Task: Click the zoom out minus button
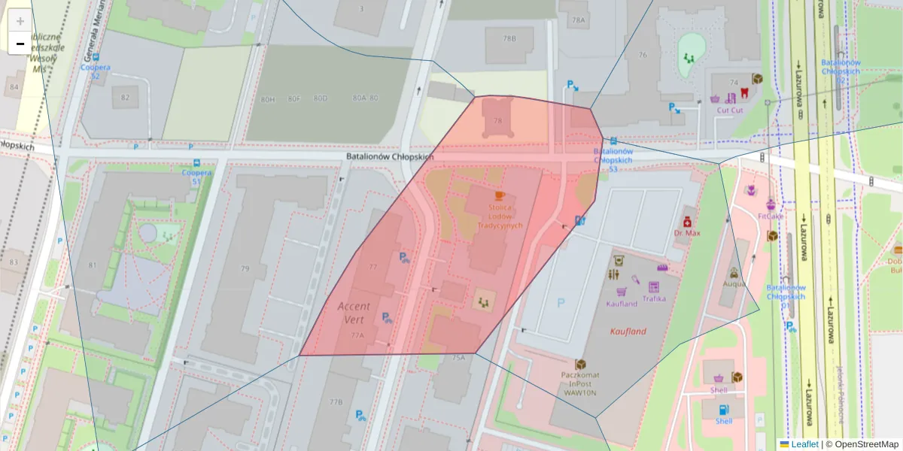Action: (20, 44)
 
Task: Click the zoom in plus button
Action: (20, 21)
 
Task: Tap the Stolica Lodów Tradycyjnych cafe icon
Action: (499, 195)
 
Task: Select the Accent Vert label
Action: (354, 312)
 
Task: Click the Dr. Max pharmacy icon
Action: (686, 222)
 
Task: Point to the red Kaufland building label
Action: (628, 331)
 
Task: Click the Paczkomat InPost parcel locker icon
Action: (580, 364)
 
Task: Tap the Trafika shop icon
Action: (653, 287)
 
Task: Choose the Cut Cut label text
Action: (729, 110)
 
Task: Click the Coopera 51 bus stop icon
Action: (196, 162)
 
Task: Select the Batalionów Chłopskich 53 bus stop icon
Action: (614, 141)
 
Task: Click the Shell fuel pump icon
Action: (723, 410)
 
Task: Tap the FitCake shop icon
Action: (771, 204)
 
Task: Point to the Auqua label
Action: (734, 284)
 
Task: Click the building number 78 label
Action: (497, 121)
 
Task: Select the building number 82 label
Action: (125, 98)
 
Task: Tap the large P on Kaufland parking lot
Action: (560, 303)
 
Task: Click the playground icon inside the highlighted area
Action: (482, 302)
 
